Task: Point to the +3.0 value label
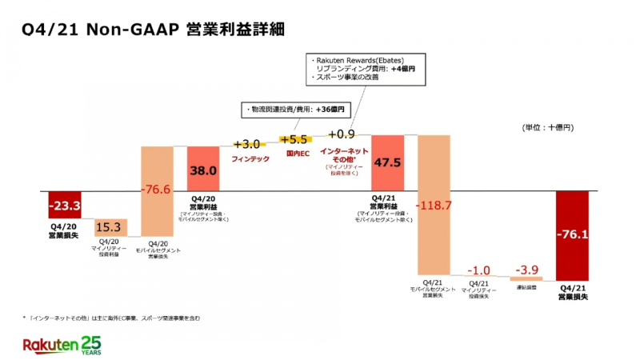coord(247,144)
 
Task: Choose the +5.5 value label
coord(294,138)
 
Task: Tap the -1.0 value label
coord(480,270)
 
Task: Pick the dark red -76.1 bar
coord(572,234)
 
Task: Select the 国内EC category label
coord(294,152)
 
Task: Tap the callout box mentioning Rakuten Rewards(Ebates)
coord(366,69)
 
